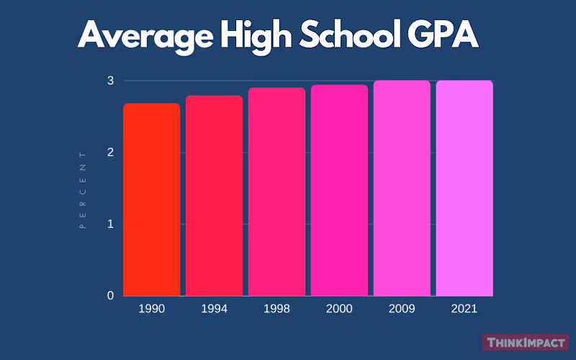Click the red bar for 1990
(x=151, y=199)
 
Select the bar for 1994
(x=214, y=196)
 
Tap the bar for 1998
(x=276, y=192)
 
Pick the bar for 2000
(x=339, y=190)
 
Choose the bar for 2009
(x=402, y=188)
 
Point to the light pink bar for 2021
(x=464, y=188)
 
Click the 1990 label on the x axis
(x=151, y=308)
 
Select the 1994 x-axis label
(x=214, y=308)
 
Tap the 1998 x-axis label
(x=276, y=308)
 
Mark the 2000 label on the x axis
(x=339, y=308)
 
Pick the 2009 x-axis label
(x=402, y=308)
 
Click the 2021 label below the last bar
(x=464, y=308)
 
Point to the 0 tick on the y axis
(x=110, y=296)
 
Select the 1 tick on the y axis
(x=110, y=224)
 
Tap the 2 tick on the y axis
(x=110, y=153)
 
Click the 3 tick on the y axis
(x=110, y=81)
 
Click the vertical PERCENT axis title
(x=82, y=189)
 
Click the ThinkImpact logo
(x=525, y=343)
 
